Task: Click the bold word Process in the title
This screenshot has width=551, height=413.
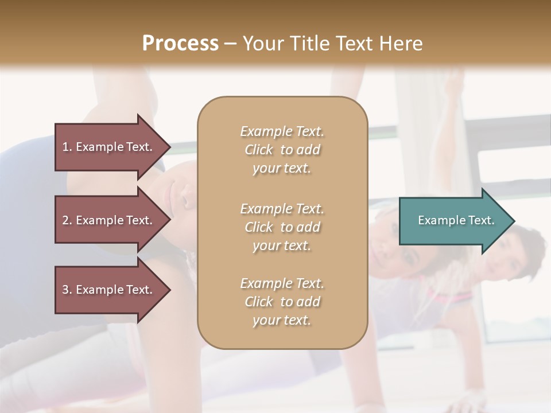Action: pyautogui.click(x=180, y=44)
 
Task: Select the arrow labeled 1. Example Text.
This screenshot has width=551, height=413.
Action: pyautogui.click(x=109, y=147)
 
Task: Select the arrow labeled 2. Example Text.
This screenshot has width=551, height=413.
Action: pyautogui.click(x=109, y=220)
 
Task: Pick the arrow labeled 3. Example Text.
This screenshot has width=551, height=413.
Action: pyautogui.click(x=109, y=290)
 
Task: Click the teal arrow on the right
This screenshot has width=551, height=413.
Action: pyautogui.click(x=453, y=220)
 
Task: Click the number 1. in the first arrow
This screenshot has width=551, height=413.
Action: pyautogui.click(x=67, y=147)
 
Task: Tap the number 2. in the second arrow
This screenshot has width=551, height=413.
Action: pyautogui.click(x=67, y=220)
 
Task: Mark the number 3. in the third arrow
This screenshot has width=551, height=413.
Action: pyautogui.click(x=67, y=290)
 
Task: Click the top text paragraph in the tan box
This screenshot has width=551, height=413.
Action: pyautogui.click(x=282, y=150)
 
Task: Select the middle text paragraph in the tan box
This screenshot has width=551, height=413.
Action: pyautogui.click(x=282, y=227)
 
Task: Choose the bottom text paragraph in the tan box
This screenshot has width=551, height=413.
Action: pyautogui.click(x=282, y=302)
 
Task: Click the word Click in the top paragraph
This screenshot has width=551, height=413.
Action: pyautogui.click(x=259, y=150)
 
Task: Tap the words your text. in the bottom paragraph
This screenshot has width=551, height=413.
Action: pyautogui.click(x=282, y=320)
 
